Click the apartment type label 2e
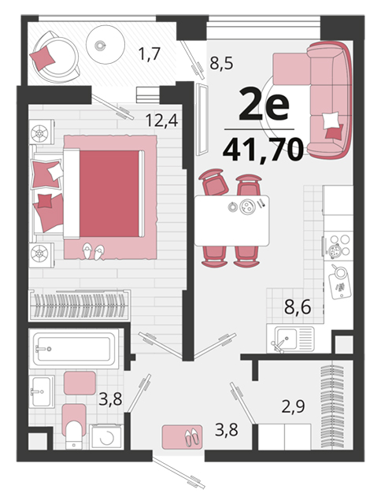coord(264,105)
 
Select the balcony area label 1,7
coord(149,54)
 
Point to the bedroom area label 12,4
coord(161,120)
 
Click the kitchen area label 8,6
coord(298,307)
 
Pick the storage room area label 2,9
coord(293,406)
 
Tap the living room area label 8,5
coord(221,63)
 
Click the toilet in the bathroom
coord(74,427)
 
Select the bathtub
coord(74,348)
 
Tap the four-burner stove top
coord(339,246)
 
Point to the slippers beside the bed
coord(93,252)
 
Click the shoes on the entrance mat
coord(192,436)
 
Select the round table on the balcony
coord(105,45)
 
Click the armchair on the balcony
coord(54,57)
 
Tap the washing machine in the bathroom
coord(106,437)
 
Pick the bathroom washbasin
coord(42,391)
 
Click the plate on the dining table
coord(248,206)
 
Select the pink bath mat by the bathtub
coord(80,383)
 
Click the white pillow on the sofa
coord(331,120)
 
